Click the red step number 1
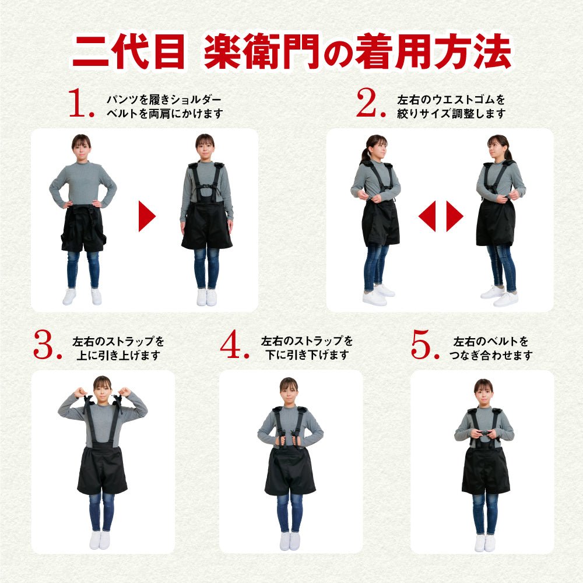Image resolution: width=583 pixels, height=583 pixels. pos(78,103)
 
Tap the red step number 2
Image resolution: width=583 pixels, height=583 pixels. pos(367,103)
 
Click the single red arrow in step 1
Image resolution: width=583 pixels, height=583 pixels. pos(147,216)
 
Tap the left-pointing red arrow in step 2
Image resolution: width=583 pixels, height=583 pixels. pos(427,216)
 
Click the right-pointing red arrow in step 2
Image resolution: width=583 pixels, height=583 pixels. pos(455,216)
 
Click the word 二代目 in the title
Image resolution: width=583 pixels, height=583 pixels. pos(129,52)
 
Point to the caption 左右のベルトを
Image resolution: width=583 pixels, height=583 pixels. pos(491,341)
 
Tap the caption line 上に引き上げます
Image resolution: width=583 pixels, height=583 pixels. pos(118,355)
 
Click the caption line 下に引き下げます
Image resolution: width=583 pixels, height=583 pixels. pos(307,354)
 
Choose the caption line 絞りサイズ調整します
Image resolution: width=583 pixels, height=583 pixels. pos(451,114)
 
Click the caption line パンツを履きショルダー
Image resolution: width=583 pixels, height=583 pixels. pos(164,99)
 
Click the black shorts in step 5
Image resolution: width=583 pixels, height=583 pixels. pos(486,470)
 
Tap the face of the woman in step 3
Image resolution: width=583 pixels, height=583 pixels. pos(102,391)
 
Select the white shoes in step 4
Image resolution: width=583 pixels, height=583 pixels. pos(290,541)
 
